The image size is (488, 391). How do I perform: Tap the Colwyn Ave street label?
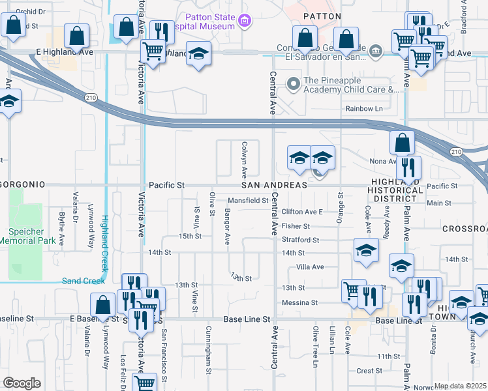tap(244, 160)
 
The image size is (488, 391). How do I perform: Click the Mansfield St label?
tap(247, 201)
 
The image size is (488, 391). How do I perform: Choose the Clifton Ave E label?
tap(302, 212)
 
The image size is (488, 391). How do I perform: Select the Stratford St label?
tap(300, 240)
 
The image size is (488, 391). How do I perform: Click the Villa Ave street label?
tap(310, 267)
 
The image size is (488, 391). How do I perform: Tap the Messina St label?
tap(299, 303)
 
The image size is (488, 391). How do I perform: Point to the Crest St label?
tap(369, 371)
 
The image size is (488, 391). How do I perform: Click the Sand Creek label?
tap(83, 282)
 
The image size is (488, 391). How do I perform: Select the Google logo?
tap(22, 383)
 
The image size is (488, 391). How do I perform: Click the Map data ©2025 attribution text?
tap(461, 386)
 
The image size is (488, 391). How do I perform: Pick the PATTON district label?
tap(323, 16)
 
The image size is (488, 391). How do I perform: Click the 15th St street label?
tap(190, 236)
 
